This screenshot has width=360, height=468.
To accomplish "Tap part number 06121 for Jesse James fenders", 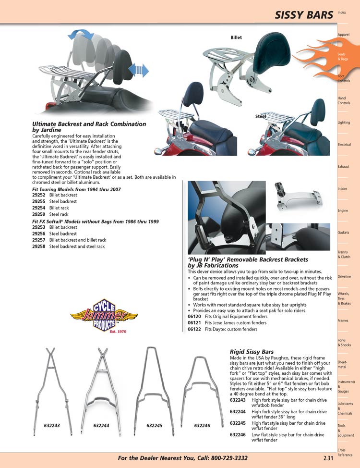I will pyautogui.click(x=193, y=323).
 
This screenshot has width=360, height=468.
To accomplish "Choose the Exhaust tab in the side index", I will pyautogui.click(x=343, y=167).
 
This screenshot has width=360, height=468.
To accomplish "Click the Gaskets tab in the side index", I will pyautogui.click(x=343, y=233).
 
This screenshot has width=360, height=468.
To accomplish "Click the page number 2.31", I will pyautogui.click(x=329, y=458).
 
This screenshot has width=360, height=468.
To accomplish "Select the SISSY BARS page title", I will pyautogui.click(x=304, y=15).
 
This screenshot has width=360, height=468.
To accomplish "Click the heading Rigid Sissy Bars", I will pyautogui.click(x=252, y=351).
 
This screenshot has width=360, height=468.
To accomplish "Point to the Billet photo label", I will pyautogui.click(x=236, y=37).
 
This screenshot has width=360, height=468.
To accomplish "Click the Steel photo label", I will pyautogui.click(x=261, y=116).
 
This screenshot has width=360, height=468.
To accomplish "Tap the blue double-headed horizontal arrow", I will pyautogui.click(x=139, y=70).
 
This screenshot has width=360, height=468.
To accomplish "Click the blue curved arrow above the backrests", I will pyautogui.click(x=81, y=34).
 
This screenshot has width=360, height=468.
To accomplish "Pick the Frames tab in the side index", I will pyautogui.click(x=343, y=320).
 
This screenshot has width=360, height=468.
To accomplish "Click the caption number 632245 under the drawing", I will pyautogui.click(x=155, y=425).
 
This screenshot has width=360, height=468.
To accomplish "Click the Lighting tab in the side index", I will pyautogui.click(x=344, y=123).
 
